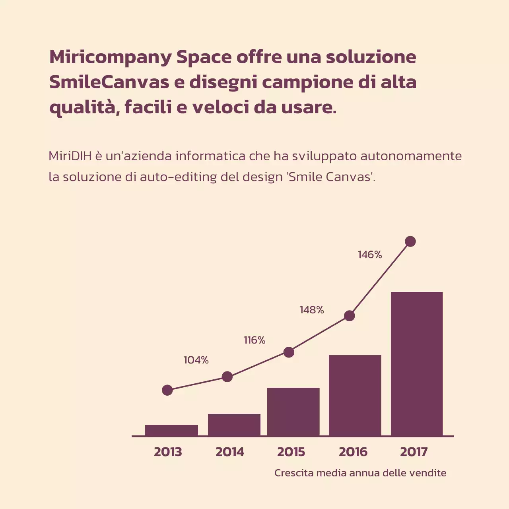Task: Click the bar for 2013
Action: click(171, 430)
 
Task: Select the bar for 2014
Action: click(234, 425)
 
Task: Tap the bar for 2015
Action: click(293, 412)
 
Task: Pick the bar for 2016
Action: click(355, 395)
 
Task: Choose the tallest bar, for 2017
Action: click(417, 364)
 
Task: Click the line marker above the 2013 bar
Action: click(167, 390)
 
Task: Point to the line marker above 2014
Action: click(227, 377)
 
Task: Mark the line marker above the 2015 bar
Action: click(289, 352)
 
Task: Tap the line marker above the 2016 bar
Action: click(349, 316)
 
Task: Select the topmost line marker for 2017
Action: click(410, 241)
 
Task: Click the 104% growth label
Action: click(196, 360)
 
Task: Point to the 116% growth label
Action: click(254, 340)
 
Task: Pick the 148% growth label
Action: click(312, 310)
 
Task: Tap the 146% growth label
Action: click(370, 255)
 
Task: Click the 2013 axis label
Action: click(168, 452)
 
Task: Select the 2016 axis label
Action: click(353, 452)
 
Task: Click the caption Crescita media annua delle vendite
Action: click(360, 473)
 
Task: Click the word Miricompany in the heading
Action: click(111, 57)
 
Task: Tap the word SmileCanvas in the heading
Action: click(109, 82)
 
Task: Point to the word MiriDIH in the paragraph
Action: click(70, 156)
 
